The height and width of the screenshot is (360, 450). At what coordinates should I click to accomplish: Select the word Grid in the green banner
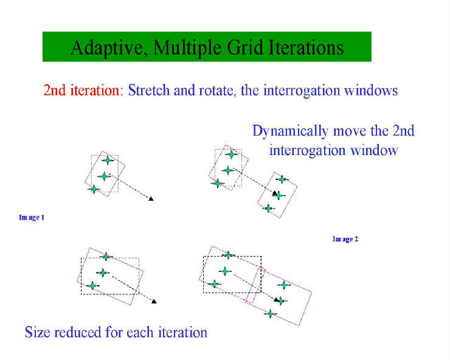click(x=244, y=47)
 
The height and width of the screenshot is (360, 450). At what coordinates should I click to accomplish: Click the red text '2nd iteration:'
click(x=83, y=90)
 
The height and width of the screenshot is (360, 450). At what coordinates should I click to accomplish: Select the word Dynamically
click(x=290, y=131)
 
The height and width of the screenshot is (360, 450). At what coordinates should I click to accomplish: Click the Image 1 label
click(x=32, y=217)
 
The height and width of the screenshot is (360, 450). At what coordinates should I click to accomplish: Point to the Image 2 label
click(x=345, y=239)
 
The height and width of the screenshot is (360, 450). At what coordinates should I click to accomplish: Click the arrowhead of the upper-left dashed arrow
click(x=151, y=198)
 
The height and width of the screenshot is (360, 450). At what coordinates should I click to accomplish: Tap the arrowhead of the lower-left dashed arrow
click(x=154, y=301)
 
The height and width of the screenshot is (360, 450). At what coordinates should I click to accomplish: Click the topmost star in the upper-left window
click(x=108, y=160)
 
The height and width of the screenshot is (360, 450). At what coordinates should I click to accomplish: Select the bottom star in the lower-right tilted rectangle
click(x=270, y=314)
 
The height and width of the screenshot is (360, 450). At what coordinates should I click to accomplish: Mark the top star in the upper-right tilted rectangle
click(x=282, y=179)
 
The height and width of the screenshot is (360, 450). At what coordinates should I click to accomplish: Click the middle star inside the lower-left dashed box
click(x=103, y=272)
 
